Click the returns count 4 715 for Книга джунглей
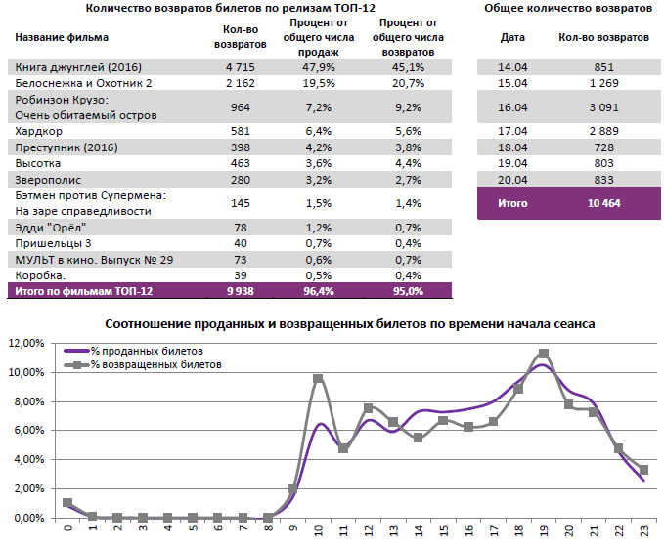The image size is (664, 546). pos(239,67)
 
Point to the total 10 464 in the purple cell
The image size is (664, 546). pos(602,203)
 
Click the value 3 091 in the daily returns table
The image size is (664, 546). pos(602,107)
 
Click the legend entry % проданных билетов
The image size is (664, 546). pos(147,349)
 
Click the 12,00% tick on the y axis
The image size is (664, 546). pos(27,344)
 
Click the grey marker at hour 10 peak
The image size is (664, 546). pos(318,379)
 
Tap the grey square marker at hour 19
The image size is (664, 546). pos(544,354)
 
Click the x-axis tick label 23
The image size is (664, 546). pos(643,530)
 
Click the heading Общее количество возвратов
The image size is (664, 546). pos(568,9)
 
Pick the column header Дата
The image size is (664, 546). pos(511,37)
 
